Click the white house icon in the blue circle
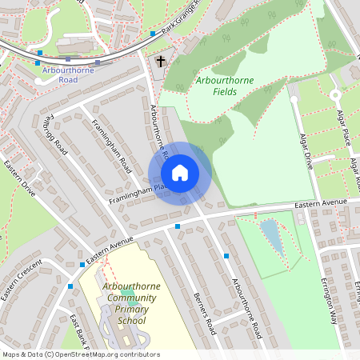(x=180, y=173)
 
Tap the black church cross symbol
(x=160, y=61)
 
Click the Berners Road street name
(x=205, y=313)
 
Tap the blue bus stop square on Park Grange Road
(x=152, y=34)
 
